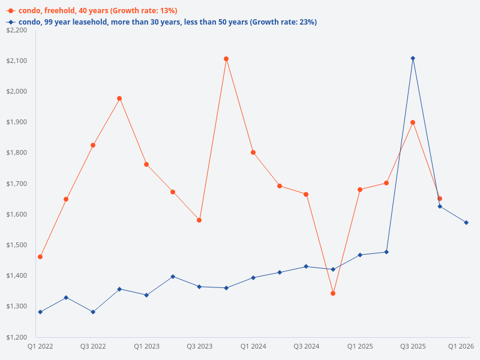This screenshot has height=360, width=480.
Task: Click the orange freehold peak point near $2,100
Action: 226,59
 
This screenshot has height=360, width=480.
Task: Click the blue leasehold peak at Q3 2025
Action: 413,58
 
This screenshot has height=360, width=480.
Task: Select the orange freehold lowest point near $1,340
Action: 333,293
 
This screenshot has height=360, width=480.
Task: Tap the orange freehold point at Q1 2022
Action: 40,257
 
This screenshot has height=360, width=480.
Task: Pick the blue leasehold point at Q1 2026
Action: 466,223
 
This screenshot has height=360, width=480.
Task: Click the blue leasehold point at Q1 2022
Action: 40,312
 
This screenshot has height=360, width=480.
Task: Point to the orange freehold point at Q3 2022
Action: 93,145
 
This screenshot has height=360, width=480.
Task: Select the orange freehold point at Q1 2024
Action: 253,152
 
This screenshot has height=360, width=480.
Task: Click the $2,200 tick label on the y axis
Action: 17,30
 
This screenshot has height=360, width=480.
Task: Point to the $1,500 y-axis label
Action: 17,245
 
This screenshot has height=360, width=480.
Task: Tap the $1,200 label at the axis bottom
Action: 17,337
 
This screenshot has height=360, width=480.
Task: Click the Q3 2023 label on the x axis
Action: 199,346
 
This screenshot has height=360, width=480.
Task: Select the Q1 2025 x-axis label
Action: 360,346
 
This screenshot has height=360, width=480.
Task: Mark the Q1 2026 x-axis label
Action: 461,346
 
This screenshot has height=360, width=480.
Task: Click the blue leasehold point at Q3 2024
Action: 306,266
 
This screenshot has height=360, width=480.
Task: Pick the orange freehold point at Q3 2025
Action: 413,122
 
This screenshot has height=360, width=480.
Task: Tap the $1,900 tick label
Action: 17,122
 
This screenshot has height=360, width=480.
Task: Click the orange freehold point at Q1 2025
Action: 360,190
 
